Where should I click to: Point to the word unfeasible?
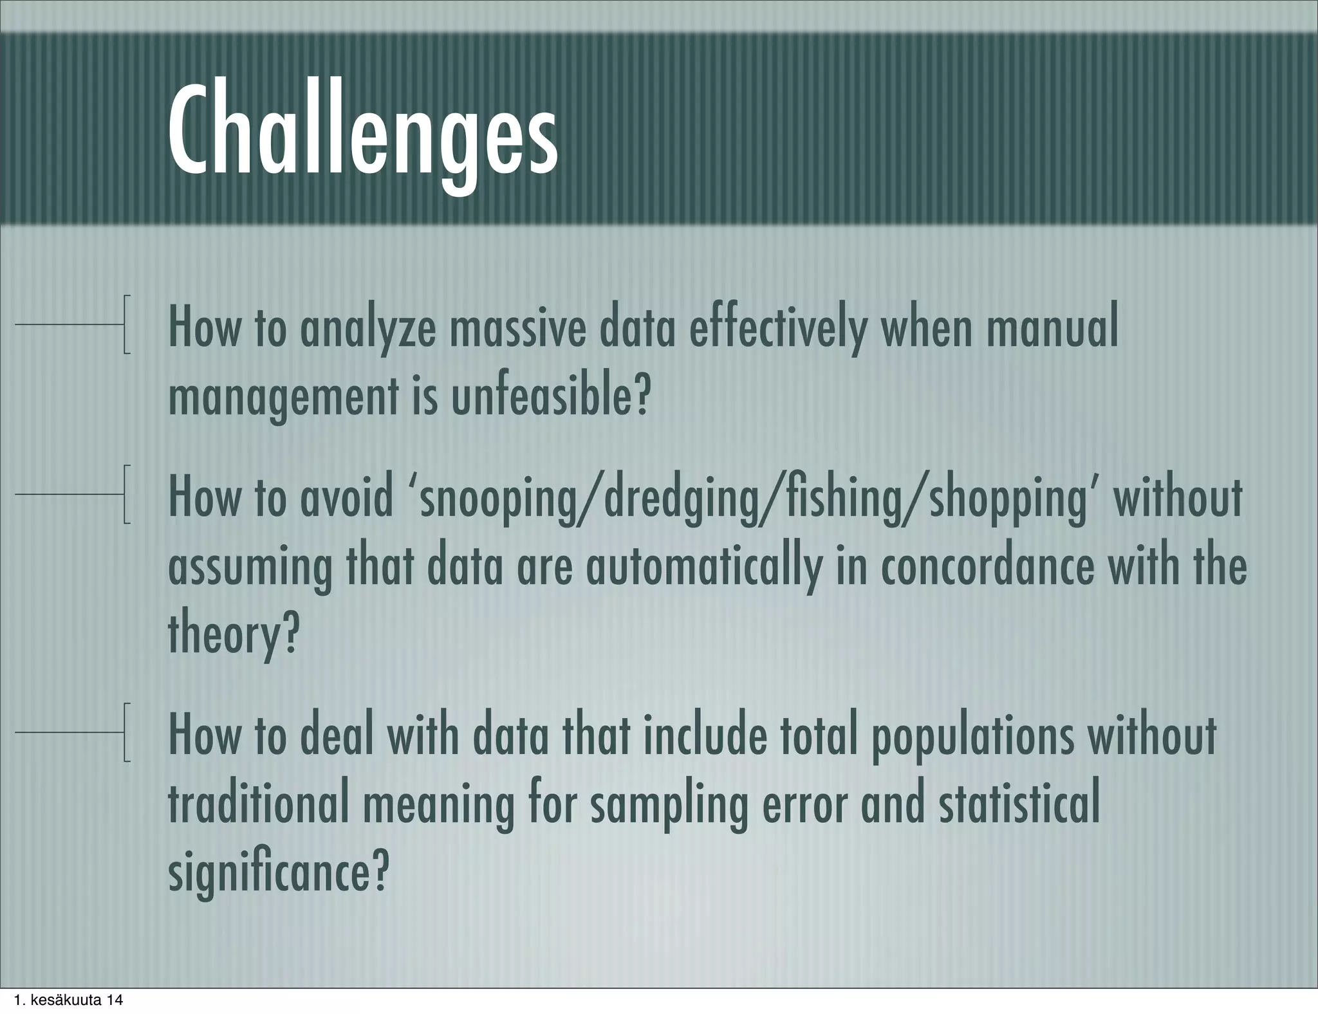pos(548,398)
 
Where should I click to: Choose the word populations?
pos(972,736)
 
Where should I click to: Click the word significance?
pos(278,873)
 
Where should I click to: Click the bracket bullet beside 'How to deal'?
pos(127,733)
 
